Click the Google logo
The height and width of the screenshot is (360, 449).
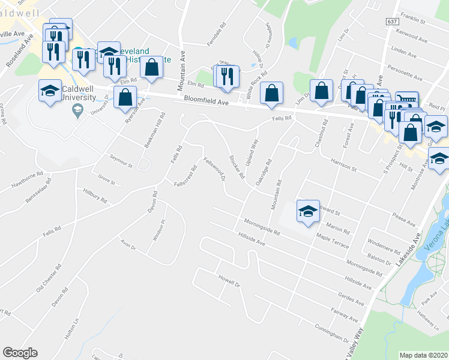(20, 353)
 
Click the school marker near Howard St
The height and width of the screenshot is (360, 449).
(309, 212)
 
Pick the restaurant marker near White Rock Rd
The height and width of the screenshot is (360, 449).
(227, 77)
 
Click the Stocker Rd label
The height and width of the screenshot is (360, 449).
(237, 167)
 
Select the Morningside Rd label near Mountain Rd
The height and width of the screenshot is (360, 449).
(263, 227)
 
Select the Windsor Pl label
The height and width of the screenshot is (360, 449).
(158, 231)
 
